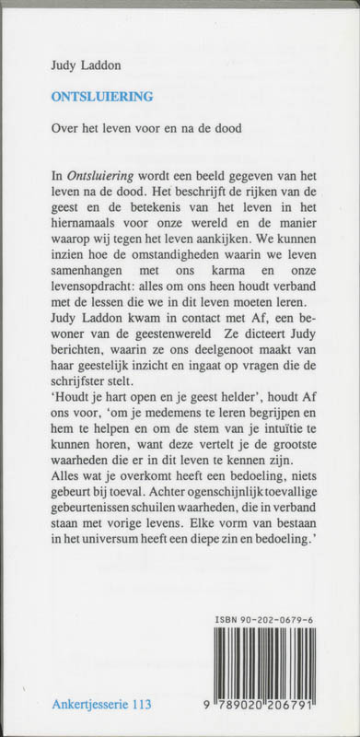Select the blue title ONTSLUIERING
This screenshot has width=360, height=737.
click(x=102, y=95)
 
